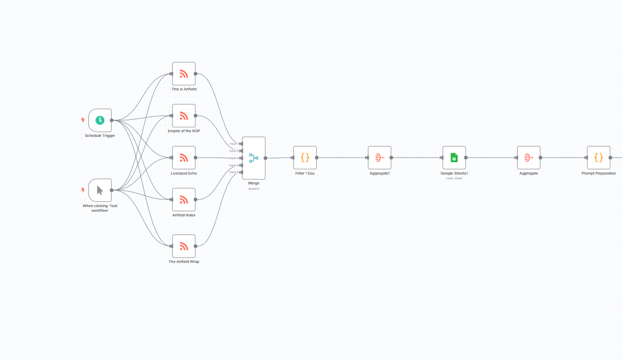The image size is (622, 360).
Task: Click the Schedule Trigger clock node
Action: tap(100, 120)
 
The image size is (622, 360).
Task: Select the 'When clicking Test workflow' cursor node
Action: tap(100, 190)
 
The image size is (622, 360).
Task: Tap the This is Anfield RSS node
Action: tap(183, 74)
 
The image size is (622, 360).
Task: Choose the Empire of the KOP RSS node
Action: tap(183, 116)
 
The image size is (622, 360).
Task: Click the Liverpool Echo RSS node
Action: tap(183, 158)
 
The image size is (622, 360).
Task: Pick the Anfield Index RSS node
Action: tap(183, 199)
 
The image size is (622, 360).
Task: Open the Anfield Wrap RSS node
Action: tap(183, 246)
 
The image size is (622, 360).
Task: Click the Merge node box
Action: tap(254, 158)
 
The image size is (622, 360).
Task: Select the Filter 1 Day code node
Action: tap(305, 158)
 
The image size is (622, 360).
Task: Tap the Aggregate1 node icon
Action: tap(379, 158)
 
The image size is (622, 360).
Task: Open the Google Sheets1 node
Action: tap(454, 158)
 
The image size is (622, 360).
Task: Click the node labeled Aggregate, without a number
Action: tap(528, 158)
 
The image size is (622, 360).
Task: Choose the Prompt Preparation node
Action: tap(598, 158)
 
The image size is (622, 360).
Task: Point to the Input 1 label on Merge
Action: tap(234, 144)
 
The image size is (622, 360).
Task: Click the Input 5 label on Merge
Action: tap(234, 172)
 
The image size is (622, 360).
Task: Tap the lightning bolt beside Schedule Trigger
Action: tap(83, 120)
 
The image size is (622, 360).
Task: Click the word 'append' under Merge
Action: tap(254, 189)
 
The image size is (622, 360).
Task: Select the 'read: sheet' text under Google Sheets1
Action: tap(454, 178)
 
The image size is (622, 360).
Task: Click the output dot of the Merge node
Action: tap(266, 158)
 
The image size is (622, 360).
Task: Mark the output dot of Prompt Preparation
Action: tap(610, 158)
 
